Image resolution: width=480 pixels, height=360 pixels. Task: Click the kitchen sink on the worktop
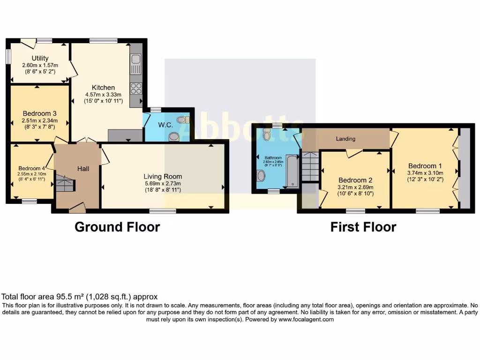pyautogui.click(x=135, y=60)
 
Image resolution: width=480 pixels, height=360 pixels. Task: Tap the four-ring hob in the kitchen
pyautogui.click(x=136, y=88)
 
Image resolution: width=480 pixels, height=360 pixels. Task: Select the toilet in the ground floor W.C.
pyautogui.click(x=173, y=136)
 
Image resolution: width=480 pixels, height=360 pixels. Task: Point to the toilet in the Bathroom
pyautogui.click(x=267, y=135)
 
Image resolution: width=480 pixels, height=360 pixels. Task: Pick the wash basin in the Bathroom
pyautogui.click(x=261, y=176)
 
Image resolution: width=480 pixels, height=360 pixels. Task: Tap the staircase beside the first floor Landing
pyautogui.click(x=310, y=166)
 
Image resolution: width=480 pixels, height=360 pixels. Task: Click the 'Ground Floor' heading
pyautogui.click(x=117, y=227)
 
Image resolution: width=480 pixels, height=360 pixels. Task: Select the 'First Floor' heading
pyautogui.click(x=363, y=227)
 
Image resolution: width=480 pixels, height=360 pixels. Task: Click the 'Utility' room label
pyautogui.click(x=40, y=59)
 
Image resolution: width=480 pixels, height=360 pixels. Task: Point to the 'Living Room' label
pyautogui.click(x=163, y=176)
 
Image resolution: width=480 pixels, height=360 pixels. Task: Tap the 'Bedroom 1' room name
pyautogui.click(x=425, y=165)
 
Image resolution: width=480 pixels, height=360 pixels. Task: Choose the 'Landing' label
pyautogui.click(x=345, y=139)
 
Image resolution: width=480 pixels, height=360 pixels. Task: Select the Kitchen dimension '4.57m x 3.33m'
pyautogui.click(x=103, y=94)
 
